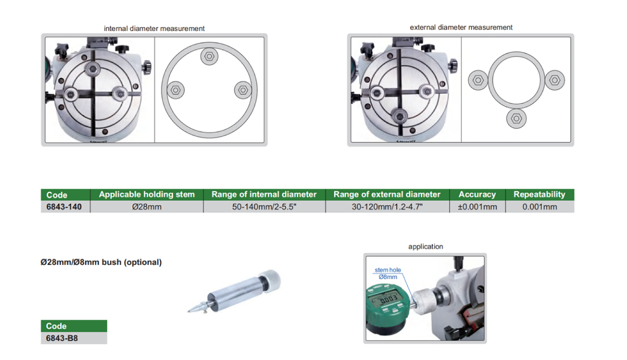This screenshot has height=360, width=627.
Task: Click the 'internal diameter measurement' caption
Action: pos(154,29)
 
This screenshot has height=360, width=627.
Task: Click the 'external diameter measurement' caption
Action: pos(461,28)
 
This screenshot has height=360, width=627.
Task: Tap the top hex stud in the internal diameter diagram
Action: pos(209,56)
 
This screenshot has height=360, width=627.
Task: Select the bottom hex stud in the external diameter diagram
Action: pos(516,119)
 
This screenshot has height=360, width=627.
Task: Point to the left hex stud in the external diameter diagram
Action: pos(478,80)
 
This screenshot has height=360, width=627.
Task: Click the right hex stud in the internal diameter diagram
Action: pos(243,90)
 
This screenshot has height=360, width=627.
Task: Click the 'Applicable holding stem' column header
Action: pos(147,195)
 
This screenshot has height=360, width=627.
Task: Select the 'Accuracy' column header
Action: pos(477,195)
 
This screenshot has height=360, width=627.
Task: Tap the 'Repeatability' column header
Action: pos(540,195)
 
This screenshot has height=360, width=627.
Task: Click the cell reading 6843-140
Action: pos(64,207)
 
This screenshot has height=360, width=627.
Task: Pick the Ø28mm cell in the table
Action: pos(147,207)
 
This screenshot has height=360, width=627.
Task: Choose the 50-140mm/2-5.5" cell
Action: pos(264,207)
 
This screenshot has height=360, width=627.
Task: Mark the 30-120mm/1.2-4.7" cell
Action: pos(387,207)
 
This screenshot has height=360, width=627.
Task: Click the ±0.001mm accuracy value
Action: pos(477,207)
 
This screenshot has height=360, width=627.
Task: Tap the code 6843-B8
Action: pos(62,338)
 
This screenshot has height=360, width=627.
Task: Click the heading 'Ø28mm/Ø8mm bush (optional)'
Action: pos(101,262)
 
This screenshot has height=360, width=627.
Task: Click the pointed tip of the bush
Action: pos(188,311)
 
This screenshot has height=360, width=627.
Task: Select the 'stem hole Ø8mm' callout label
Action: pos(388,274)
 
